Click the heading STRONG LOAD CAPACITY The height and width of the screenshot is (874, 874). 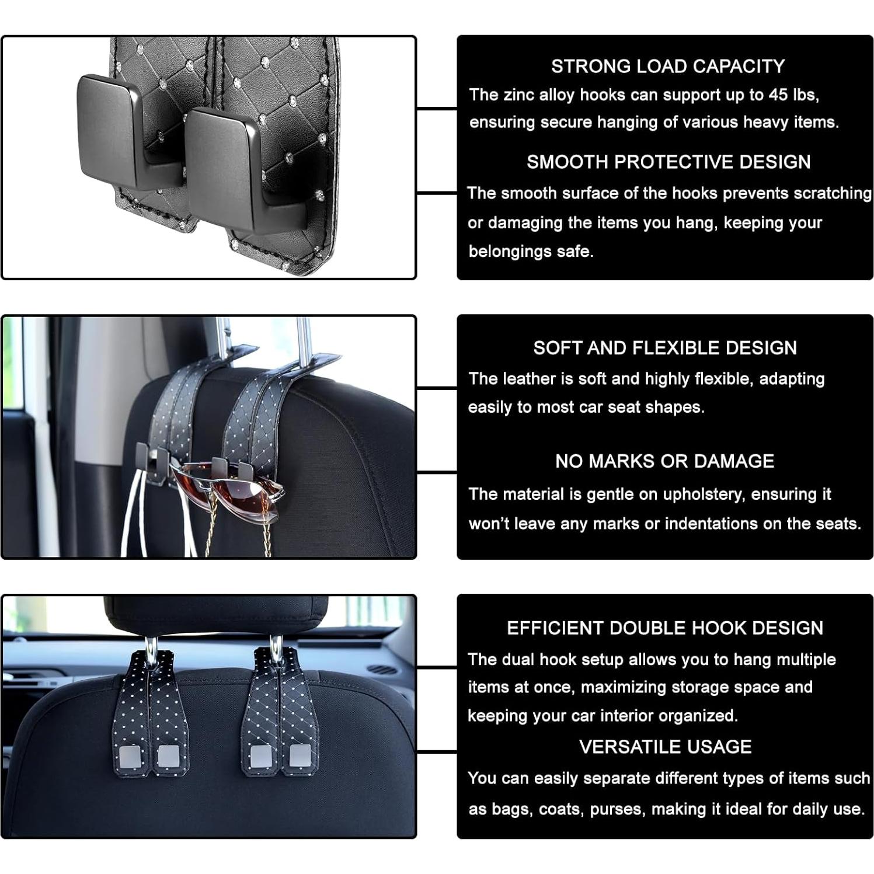667,67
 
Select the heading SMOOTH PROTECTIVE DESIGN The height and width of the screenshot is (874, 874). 668,162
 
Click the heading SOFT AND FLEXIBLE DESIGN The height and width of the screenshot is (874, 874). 664,348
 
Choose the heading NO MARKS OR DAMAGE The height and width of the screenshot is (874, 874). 664,461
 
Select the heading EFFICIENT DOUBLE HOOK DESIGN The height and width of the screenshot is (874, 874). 664,628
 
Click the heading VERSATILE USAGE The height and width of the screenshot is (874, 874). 665,747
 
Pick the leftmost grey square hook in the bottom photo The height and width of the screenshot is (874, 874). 129,755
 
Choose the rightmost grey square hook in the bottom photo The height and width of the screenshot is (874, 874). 301,756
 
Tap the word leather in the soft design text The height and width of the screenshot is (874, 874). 528,379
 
